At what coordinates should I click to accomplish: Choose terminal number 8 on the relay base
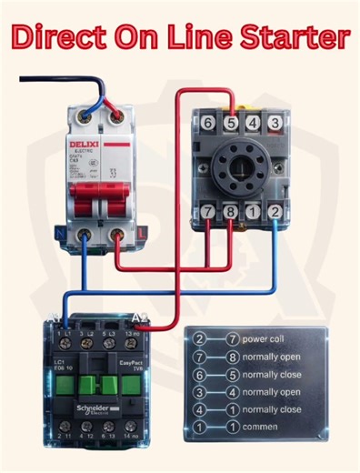click(x=230, y=212)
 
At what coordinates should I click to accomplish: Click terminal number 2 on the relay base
click(x=275, y=212)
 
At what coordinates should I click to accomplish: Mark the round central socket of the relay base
click(x=241, y=167)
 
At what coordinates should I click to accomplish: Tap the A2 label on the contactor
click(x=141, y=317)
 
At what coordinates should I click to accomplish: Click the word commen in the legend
click(x=264, y=426)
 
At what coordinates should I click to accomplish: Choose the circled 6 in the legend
click(x=199, y=374)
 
